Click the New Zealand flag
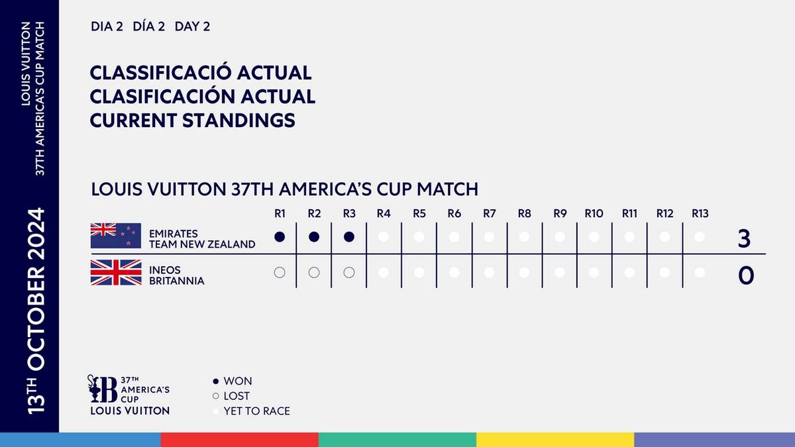(x=116, y=236)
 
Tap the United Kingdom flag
(x=116, y=272)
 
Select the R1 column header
(x=279, y=213)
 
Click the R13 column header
(x=700, y=213)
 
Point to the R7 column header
(x=489, y=213)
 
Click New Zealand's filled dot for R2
(x=314, y=236)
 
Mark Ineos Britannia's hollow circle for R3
(x=349, y=272)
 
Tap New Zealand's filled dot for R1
(x=279, y=236)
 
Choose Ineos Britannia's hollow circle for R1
(x=279, y=272)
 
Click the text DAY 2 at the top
(x=192, y=27)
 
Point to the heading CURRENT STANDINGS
(x=192, y=121)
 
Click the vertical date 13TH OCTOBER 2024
(x=37, y=311)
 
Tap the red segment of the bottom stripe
(x=239, y=440)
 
